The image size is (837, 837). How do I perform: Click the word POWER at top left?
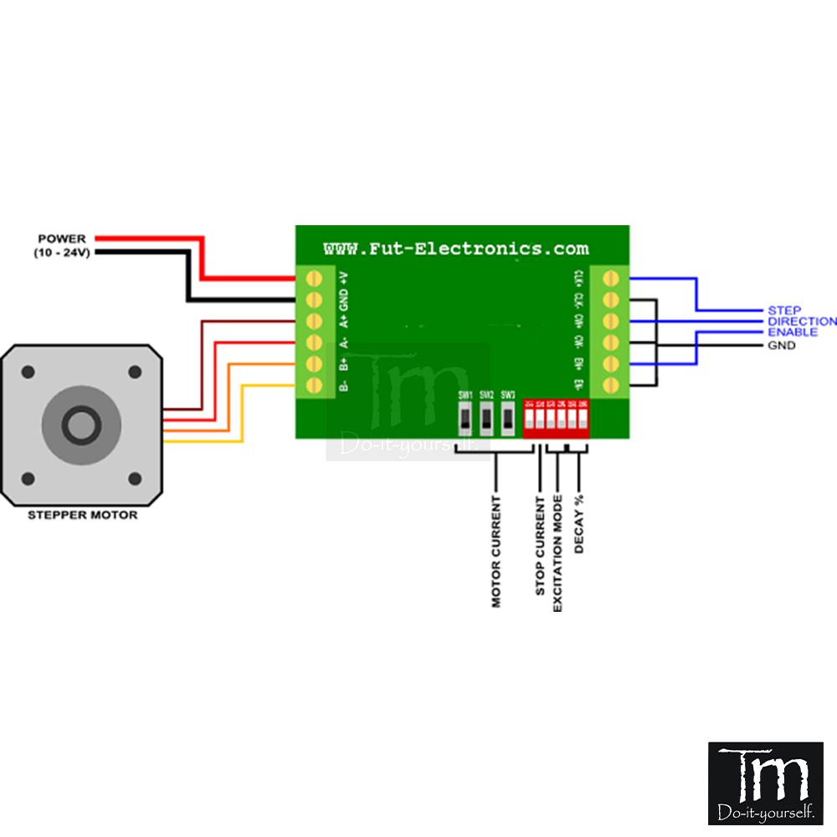61,239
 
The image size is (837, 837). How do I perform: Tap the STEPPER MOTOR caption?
82,515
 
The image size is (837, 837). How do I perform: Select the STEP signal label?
784,311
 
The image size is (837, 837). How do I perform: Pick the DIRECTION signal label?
802,321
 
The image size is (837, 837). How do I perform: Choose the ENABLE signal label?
793,332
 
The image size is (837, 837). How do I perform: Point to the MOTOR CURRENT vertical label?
496,551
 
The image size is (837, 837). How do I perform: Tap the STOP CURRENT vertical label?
540,544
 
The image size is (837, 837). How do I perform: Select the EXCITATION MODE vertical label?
558,552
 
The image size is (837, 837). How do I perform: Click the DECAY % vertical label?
578,525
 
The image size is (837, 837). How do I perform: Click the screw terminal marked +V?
315,277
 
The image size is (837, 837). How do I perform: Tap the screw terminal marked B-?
315,385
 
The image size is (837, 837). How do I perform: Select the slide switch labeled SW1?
465,417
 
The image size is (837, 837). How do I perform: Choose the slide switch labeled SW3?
508,417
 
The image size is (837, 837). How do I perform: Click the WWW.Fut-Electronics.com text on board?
456,249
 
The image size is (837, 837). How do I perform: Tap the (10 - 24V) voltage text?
61,252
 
